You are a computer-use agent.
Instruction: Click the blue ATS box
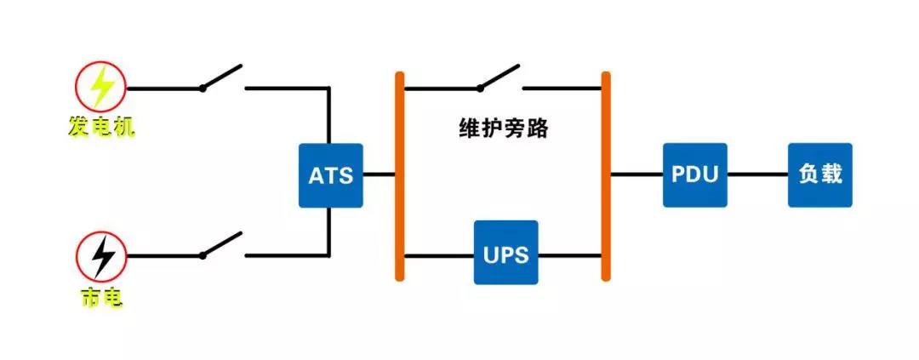coord(330,175)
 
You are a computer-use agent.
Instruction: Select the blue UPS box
coord(506,254)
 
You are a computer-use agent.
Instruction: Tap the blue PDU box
coord(695,175)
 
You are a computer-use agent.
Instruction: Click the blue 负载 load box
coord(819,175)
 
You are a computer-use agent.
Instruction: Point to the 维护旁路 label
coord(504,130)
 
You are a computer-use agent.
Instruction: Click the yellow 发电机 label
coord(101,128)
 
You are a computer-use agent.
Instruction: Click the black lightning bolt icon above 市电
coord(101,255)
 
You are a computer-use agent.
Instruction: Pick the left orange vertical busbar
coord(399,175)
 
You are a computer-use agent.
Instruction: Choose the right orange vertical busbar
coord(606,175)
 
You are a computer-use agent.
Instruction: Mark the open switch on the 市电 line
coord(222,245)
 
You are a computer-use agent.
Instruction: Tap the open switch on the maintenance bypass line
coord(499,77)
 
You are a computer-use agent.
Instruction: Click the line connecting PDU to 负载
coord(757,175)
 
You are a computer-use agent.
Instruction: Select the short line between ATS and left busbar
coord(380,175)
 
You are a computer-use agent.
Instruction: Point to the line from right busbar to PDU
coord(636,175)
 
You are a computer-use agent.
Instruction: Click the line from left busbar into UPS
coord(438,254)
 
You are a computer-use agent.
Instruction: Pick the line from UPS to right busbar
coord(570,254)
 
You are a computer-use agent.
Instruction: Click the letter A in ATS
coord(316,177)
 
